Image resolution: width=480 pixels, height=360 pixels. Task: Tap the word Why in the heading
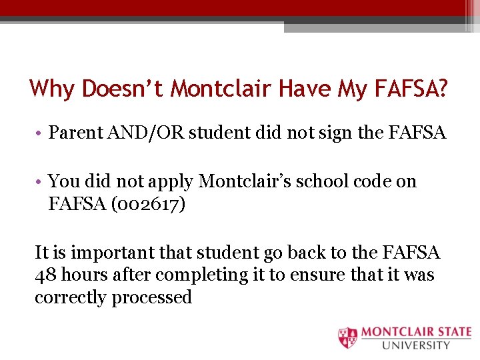[53, 89]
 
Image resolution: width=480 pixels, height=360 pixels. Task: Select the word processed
[152, 297]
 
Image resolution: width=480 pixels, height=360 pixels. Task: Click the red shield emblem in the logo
[348, 337]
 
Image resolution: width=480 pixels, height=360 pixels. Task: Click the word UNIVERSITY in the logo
[416, 345]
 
